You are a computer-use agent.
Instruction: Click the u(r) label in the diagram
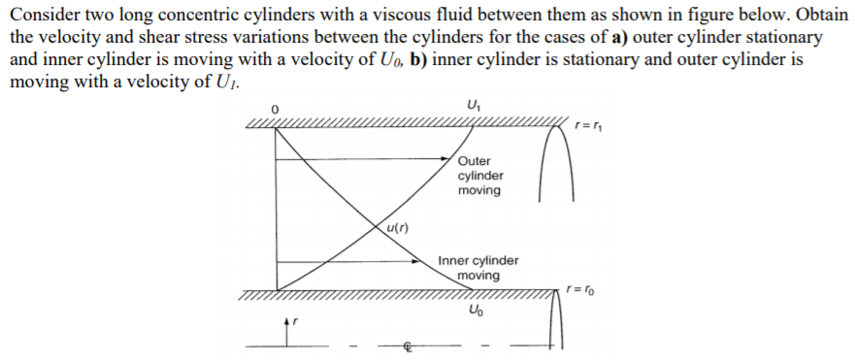pyautogui.click(x=393, y=230)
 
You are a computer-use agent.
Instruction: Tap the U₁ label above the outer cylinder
pyautogui.click(x=473, y=105)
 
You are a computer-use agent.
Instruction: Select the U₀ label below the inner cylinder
pyautogui.click(x=473, y=311)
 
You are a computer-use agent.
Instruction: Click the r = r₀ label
pyautogui.click(x=580, y=287)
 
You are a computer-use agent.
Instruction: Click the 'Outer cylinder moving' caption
pyautogui.click(x=481, y=176)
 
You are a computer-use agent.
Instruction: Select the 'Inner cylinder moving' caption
pyautogui.click(x=477, y=268)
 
